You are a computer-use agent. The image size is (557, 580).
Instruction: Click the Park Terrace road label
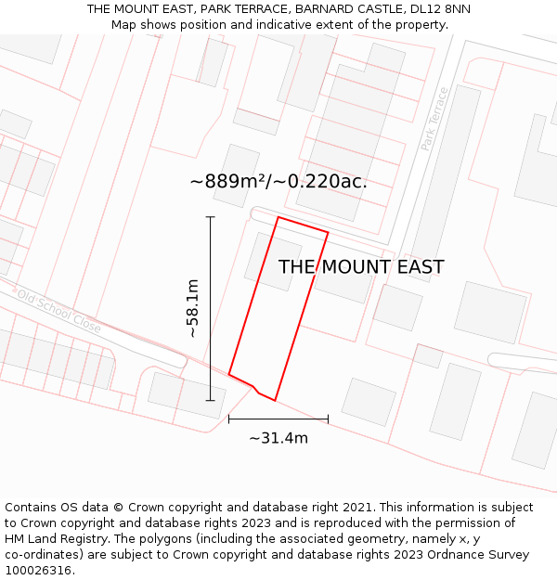pos(434,119)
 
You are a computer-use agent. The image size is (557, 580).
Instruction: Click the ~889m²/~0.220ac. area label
pos(278,181)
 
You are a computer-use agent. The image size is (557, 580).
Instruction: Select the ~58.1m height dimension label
pos(192,308)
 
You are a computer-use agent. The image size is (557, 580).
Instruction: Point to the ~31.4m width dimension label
pos(278,438)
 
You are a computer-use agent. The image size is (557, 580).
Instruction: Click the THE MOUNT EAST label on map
pos(361,267)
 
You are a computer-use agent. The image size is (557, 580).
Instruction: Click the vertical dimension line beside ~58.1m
pos(211,308)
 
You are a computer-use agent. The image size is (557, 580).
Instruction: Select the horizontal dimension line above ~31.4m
pos(278,419)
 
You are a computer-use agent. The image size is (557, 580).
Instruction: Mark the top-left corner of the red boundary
pos(278,217)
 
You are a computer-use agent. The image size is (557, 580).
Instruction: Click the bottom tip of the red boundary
pos(274,400)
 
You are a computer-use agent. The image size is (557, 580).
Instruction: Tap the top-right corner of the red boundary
pos(328,232)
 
